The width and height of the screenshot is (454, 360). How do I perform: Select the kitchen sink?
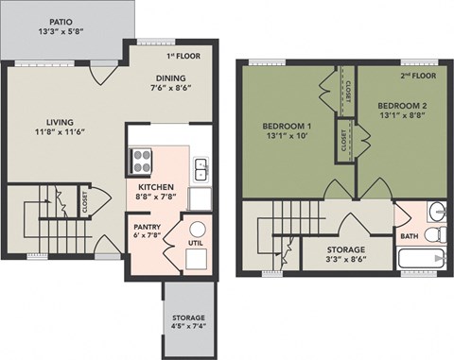201,169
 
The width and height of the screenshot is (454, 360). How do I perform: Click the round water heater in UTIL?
198,230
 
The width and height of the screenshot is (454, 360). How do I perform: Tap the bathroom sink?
435,210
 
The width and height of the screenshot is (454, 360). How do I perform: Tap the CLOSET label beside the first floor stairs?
83,200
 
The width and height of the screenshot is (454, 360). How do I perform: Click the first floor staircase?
47,222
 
